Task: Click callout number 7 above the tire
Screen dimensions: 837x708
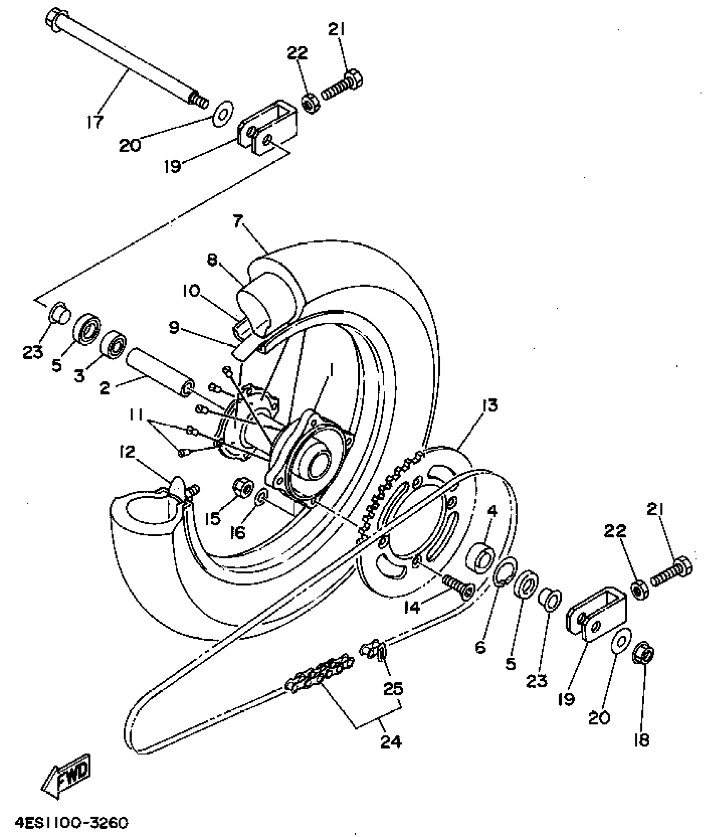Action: (237, 221)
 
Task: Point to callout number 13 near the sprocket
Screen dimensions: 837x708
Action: (490, 405)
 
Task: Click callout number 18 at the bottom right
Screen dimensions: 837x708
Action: (642, 740)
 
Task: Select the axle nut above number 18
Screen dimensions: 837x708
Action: (644, 657)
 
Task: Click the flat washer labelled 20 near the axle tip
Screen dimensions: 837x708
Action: (223, 113)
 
